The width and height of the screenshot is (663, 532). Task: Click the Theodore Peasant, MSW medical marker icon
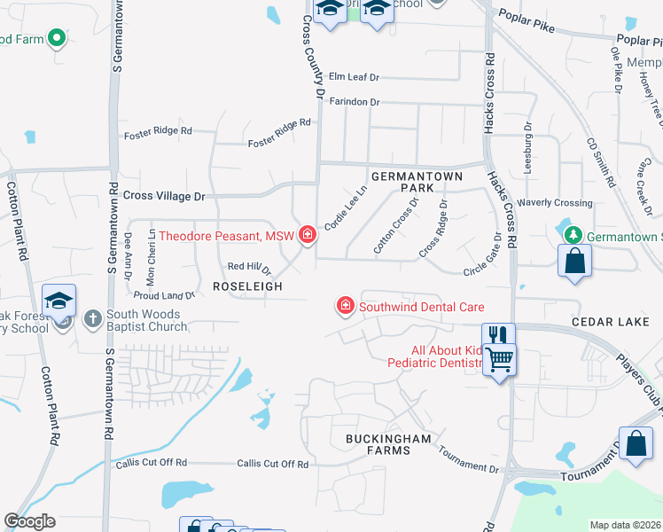pos(307,235)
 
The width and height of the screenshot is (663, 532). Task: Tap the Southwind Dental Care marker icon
pos(344,307)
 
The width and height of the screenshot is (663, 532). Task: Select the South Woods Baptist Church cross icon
pos(92,318)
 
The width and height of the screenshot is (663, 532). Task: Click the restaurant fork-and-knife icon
pos(497,335)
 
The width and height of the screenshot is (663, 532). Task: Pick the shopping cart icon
pos(500,358)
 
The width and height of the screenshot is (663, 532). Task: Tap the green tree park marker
pos(573,235)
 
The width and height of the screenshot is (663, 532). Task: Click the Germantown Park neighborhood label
pos(417,183)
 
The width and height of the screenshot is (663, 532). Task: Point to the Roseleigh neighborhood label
pos(247,286)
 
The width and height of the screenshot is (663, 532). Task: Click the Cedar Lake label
pos(611,322)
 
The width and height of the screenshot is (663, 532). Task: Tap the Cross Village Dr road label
pos(164,196)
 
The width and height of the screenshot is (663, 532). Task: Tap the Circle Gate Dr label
pos(482,254)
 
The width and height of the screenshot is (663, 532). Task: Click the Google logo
pos(29,521)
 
